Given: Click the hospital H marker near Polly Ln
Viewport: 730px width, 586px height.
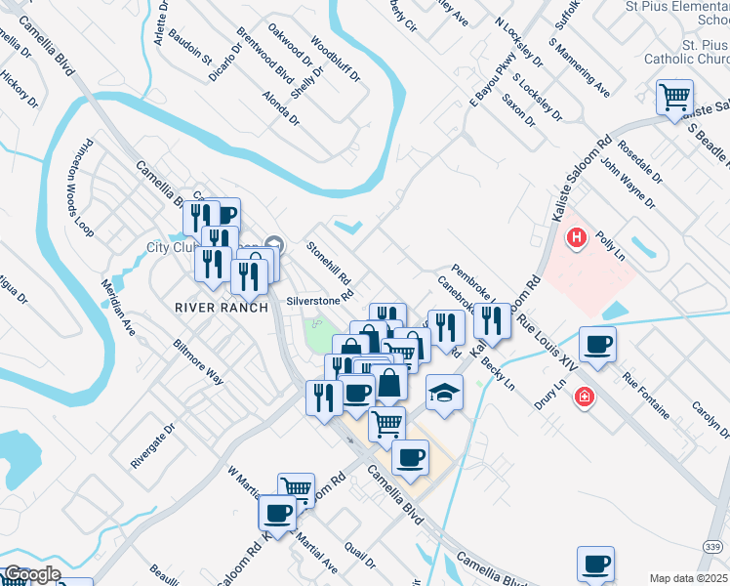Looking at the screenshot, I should [577, 237].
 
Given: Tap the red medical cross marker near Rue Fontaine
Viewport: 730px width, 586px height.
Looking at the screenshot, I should [584, 398].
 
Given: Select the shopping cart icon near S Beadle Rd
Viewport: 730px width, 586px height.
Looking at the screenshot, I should [674, 97].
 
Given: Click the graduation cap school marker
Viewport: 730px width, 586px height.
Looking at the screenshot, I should [444, 393].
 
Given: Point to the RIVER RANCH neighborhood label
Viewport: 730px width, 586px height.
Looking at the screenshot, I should [222, 307].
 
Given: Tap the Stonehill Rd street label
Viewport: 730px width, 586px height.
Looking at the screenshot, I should [330, 264].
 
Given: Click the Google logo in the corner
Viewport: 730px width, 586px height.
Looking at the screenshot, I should [31, 574].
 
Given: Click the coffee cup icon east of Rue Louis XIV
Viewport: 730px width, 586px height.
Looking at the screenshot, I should [596, 344].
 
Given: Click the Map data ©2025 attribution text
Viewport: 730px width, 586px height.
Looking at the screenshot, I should [687, 578].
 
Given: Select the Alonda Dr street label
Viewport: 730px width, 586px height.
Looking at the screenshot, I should [281, 108].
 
